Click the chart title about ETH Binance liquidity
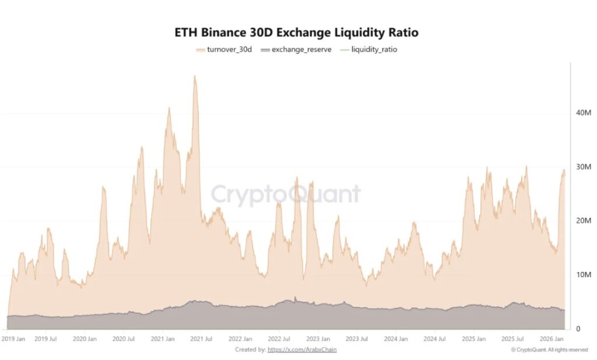296,33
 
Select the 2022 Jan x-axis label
240,338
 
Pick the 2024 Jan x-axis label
395,338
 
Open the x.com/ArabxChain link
302,349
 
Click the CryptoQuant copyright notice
549,349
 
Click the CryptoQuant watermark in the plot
286,194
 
